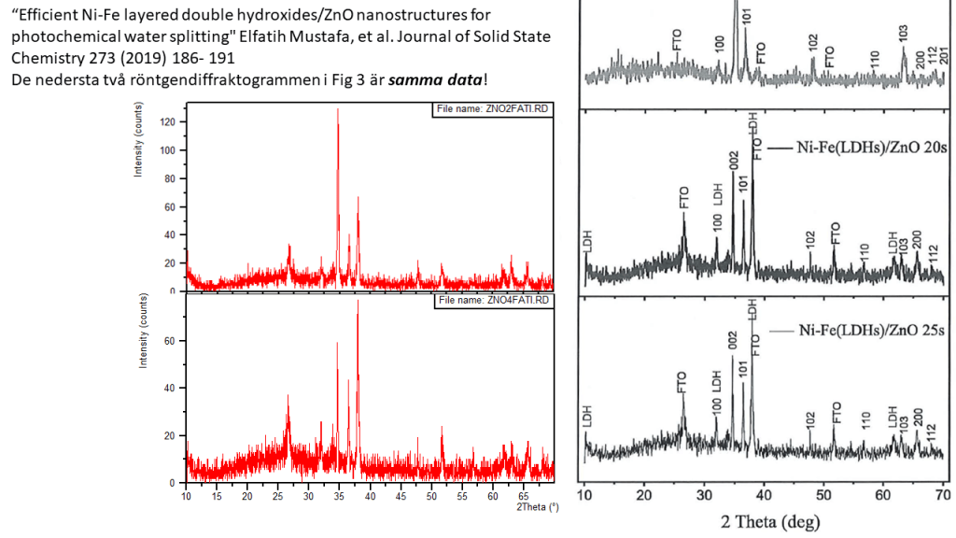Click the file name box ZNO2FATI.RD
click(494, 109)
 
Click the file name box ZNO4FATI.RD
click(494, 300)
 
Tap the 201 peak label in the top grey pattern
click(945, 55)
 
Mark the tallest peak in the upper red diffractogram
click(338, 110)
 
